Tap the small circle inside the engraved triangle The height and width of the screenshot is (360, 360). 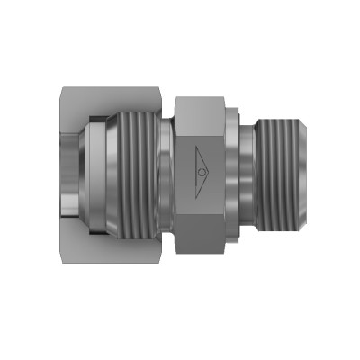click(201, 167)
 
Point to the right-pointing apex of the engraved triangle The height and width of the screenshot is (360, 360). click(209, 167)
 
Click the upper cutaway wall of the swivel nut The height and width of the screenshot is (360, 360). click(112, 101)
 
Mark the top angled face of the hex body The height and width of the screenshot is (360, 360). click(200, 106)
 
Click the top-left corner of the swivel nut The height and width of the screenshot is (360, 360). click(59, 86)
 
